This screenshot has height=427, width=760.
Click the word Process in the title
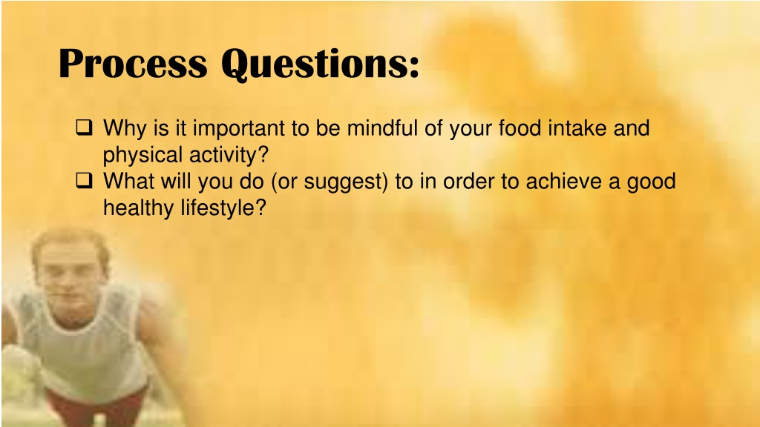pyautogui.click(x=133, y=64)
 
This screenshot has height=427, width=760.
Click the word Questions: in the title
pyautogui.click(x=320, y=64)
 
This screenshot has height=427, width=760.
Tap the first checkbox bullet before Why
pyautogui.click(x=83, y=129)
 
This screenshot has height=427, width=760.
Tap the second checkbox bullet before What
pyautogui.click(x=83, y=181)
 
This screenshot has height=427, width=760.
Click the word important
pyautogui.click(x=237, y=129)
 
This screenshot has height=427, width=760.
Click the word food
pyautogui.click(x=520, y=129)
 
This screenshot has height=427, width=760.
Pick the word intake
pyautogui.click(x=578, y=129)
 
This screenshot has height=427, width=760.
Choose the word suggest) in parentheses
pyautogui.click(x=344, y=182)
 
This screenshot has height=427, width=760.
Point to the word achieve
pyautogui.click(x=563, y=182)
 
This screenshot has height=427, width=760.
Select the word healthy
pyautogui.click(x=139, y=208)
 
